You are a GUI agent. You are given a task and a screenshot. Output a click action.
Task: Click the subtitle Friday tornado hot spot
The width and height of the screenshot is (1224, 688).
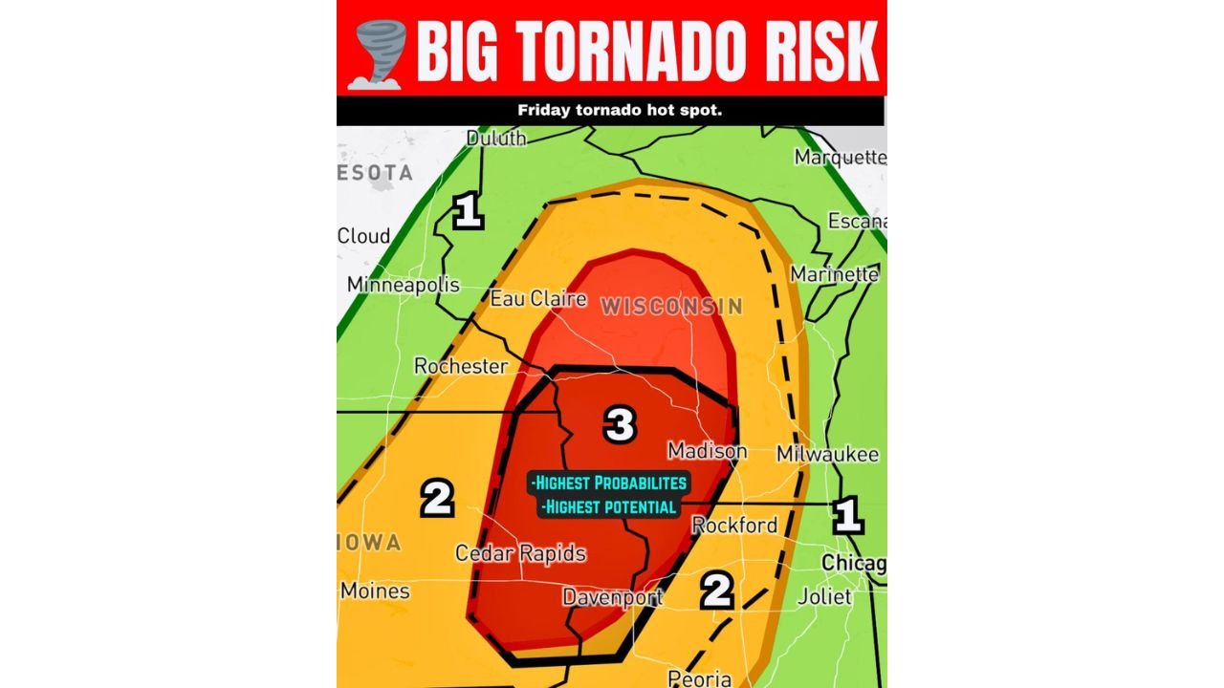click(x=620, y=110)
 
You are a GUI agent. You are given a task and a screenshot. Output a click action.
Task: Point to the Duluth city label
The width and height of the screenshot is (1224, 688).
click(x=496, y=139)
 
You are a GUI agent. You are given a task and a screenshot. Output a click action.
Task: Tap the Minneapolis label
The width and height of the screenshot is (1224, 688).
click(x=403, y=285)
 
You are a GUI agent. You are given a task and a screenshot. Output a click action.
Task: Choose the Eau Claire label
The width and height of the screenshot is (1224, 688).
click(x=538, y=299)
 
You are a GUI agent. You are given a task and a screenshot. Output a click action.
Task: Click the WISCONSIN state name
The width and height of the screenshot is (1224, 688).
click(x=671, y=307)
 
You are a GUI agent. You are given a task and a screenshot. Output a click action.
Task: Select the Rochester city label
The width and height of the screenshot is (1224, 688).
click(x=460, y=366)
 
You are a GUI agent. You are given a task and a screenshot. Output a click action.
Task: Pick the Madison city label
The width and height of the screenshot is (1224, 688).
click(x=708, y=450)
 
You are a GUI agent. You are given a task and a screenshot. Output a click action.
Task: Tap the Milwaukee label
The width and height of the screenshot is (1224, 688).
click(x=827, y=454)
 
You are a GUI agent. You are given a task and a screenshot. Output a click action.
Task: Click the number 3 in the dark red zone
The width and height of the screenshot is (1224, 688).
click(x=620, y=424)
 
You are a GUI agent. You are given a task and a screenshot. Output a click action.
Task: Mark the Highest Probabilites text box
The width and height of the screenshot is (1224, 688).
click(x=610, y=483)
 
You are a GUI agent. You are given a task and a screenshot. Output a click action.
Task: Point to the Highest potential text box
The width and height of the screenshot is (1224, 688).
click(x=608, y=506)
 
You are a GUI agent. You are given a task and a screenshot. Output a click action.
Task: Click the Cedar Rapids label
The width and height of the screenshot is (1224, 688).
click(x=520, y=553)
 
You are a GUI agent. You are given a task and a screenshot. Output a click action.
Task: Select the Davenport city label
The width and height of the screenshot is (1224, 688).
click(x=613, y=597)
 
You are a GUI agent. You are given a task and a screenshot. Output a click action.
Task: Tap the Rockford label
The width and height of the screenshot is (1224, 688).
click(x=734, y=525)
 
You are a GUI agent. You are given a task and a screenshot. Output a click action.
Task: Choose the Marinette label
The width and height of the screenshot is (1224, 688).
click(x=835, y=274)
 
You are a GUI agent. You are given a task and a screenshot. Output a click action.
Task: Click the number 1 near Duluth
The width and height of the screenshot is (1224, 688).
click(x=467, y=211)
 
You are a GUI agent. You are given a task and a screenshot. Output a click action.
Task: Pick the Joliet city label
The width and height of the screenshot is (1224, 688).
click(x=824, y=596)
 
